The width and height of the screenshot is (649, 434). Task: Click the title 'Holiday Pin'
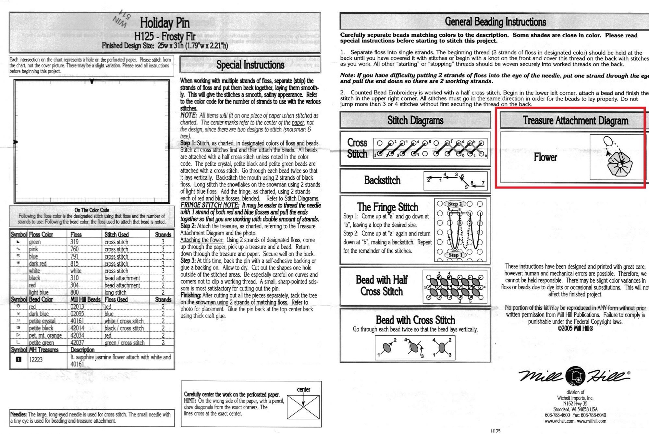pyautogui.click(x=165, y=23)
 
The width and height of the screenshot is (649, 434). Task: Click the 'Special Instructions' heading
pyautogui.click(x=250, y=65)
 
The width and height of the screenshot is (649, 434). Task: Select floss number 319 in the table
pyautogui.click(x=74, y=242)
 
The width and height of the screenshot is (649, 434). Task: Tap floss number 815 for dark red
pyautogui.click(x=74, y=264)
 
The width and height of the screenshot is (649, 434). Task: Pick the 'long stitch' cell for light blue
pyautogui.click(x=116, y=293)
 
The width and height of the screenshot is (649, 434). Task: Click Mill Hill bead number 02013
pyautogui.click(x=77, y=307)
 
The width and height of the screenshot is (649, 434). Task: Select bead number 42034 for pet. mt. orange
pyautogui.click(x=77, y=335)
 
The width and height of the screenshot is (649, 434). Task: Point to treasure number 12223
pyautogui.click(x=36, y=360)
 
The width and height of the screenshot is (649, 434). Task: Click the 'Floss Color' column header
pyautogui.click(x=41, y=235)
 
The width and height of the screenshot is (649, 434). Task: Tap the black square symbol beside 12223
pyautogui.click(x=19, y=359)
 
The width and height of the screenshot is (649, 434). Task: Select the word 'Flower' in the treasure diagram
pyautogui.click(x=545, y=158)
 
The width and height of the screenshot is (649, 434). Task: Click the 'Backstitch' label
pyautogui.click(x=382, y=180)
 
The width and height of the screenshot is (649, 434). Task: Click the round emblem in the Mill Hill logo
pyautogui.click(x=575, y=376)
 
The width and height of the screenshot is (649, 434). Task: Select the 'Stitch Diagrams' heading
pyautogui.click(x=415, y=121)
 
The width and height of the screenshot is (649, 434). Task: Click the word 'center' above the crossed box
pyautogui.click(x=303, y=390)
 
